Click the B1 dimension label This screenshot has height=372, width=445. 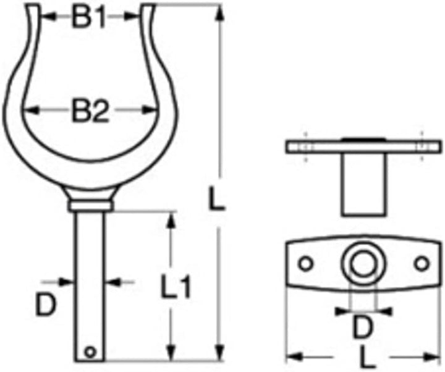tap(89, 17)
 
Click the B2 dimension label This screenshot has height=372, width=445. tap(90, 110)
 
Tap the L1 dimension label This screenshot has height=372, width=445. tap(175, 286)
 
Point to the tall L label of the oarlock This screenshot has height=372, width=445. tap(216, 198)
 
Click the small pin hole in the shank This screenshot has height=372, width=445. tap(90, 352)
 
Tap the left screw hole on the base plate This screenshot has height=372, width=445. tap(305, 264)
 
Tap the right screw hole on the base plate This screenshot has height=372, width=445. tap(422, 264)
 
